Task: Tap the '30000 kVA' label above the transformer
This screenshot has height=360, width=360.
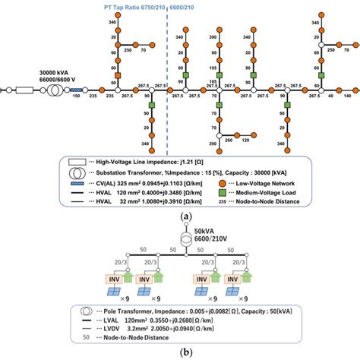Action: click(57, 74)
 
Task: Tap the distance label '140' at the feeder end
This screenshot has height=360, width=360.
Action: click(347, 97)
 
